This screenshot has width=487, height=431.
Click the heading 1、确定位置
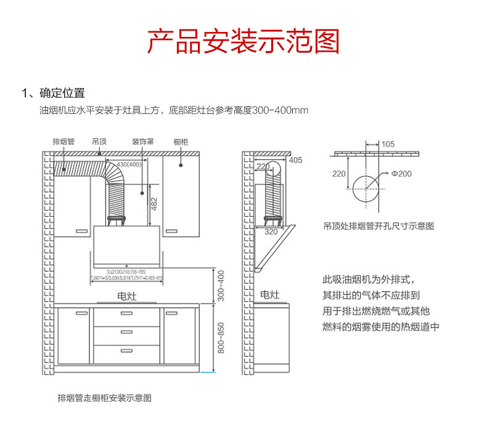pyautogui.click(x=53, y=94)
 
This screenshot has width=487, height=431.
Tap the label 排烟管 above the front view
pyautogui.click(x=63, y=142)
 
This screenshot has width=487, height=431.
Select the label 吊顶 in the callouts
pyautogui.click(x=99, y=142)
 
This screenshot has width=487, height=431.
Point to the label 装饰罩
pyautogui.click(x=142, y=142)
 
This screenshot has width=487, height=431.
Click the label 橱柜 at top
pyautogui.click(x=181, y=142)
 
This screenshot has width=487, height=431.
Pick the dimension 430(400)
pyautogui.click(x=129, y=164)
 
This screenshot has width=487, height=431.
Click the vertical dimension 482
pyautogui.click(x=155, y=201)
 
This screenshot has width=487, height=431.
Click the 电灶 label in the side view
pyautogui.click(x=269, y=295)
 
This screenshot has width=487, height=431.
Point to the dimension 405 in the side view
pyautogui.click(x=295, y=161)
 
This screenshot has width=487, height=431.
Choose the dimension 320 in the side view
pyautogui.click(x=271, y=232)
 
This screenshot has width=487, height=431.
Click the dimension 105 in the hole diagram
pyautogui.click(x=388, y=144)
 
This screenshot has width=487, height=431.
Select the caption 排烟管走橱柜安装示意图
pyautogui.click(x=104, y=398)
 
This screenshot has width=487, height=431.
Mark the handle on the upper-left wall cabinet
pyautogui.click(x=81, y=230)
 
